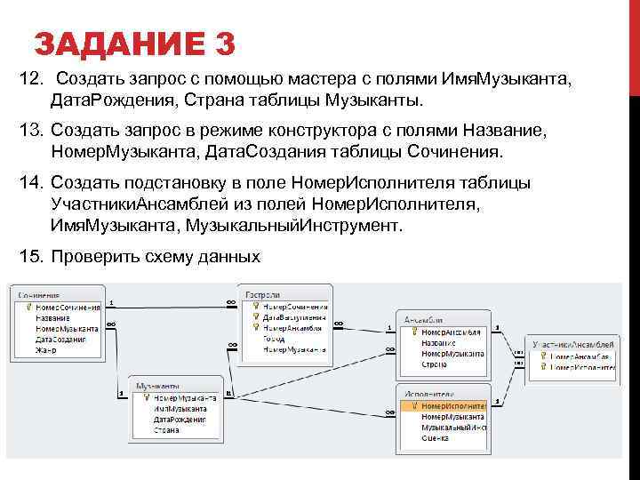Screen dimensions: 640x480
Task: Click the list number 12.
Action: pyautogui.click(x=30, y=81)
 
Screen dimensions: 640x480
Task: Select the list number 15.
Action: pyautogui.click(x=30, y=257)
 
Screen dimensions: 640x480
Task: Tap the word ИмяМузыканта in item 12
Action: pyautogui.click(x=520, y=81)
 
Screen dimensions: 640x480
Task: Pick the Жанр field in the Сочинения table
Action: pyautogui.click(x=46, y=351)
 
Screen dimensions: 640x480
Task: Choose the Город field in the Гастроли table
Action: pyautogui.click(x=274, y=339)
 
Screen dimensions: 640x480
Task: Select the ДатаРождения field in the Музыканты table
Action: pyautogui.click(x=179, y=419)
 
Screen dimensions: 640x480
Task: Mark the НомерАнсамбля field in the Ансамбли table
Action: pyautogui.click(x=451, y=332)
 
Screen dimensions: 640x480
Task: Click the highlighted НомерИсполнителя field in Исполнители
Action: pyautogui.click(x=452, y=404)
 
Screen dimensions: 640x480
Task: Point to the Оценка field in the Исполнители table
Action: pyautogui.click(x=435, y=438)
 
